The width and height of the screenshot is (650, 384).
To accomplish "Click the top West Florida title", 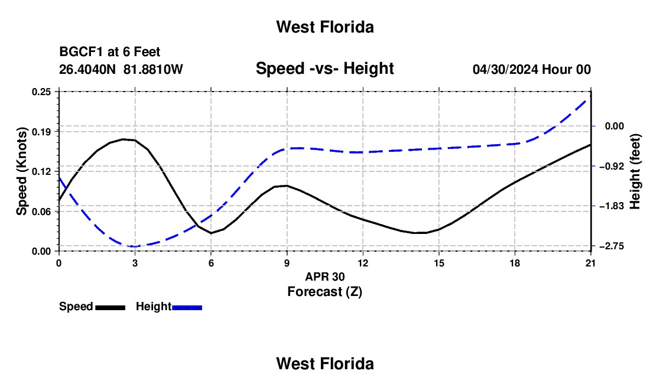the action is click(325, 27).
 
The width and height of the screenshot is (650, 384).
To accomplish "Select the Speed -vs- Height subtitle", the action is click(324, 69).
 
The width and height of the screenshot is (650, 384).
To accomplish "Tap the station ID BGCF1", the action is click(82, 52).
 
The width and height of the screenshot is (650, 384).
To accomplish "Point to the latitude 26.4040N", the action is click(87, 69).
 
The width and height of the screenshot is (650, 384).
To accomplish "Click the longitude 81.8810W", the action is click(153, 69).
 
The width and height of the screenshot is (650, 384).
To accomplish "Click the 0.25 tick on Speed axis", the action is click(41, 92).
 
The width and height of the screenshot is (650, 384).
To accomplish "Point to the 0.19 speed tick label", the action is click(41, 132).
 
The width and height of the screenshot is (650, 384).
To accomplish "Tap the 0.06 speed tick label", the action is click(41, 211).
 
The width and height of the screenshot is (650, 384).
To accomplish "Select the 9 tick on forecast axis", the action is click(287, 263).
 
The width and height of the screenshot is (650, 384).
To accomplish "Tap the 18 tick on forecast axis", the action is click(515, 263).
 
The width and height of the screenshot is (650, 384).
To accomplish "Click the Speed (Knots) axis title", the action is click(21, 171).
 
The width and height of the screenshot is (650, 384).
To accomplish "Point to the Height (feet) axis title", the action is click(635, 171).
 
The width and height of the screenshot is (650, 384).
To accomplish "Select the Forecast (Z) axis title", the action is click(324, 292).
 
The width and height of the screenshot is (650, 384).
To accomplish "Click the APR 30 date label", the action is click(325, 276).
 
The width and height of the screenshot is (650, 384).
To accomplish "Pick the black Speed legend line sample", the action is click(110, 308).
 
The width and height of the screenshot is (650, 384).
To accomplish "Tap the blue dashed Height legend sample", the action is click(187, 308).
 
